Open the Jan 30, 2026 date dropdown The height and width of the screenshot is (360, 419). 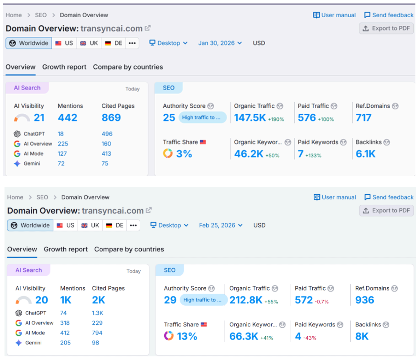(220, 43)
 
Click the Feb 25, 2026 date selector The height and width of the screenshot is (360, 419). (220, 225)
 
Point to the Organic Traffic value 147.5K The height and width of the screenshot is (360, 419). (250, 118)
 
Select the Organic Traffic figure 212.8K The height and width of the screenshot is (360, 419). (246, 300)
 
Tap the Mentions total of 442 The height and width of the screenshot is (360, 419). (67, 118)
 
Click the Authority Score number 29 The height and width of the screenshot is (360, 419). (170, 300)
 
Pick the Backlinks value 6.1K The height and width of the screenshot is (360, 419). (365, 154)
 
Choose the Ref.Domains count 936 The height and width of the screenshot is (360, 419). (364, 300)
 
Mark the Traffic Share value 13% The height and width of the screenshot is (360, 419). (187, 336)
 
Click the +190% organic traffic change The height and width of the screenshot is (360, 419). (276, 119)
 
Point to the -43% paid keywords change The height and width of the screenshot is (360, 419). (310, 338)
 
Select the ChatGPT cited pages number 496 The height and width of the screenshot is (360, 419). (107, 134)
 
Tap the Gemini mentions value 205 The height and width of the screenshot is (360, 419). (65, 343)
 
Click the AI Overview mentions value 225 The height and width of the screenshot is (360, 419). (63, 144)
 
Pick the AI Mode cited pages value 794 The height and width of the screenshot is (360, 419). (97, 333)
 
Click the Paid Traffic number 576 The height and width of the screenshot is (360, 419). (307, 118)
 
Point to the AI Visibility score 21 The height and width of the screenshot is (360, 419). (39, 118)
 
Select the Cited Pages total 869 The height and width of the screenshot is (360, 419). (111, 118)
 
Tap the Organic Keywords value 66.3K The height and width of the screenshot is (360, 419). (244, 336)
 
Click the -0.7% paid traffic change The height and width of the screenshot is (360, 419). (321, 302)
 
